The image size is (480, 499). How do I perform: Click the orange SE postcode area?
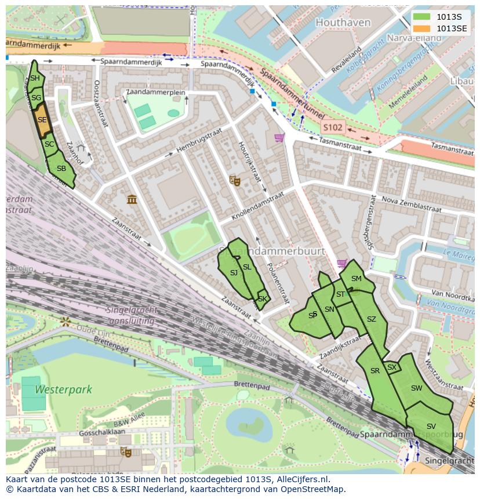click(42, 120)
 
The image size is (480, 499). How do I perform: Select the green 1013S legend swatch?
click(422, 17)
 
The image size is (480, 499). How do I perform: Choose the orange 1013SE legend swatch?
click(422, 28)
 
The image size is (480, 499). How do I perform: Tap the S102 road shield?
click(333, 127)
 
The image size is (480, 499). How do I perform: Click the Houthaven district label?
click(343, 23)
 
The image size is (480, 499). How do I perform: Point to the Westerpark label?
click(63, 389)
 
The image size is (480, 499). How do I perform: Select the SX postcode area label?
click(392, 367)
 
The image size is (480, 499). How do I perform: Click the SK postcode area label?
click(263, 299)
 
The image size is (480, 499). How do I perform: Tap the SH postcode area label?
click(35, 78)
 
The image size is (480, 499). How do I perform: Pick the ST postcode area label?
click(340, 294)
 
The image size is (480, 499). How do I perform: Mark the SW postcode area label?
click(416, 388)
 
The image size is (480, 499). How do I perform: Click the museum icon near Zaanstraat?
click(132, 199)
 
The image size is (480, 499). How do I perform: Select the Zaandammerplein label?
click(155, 93)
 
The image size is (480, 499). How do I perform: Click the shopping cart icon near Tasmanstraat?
click(279, 138)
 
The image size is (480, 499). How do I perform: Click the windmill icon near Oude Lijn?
click(65, 320)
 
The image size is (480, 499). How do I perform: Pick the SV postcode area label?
click(431, 427)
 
